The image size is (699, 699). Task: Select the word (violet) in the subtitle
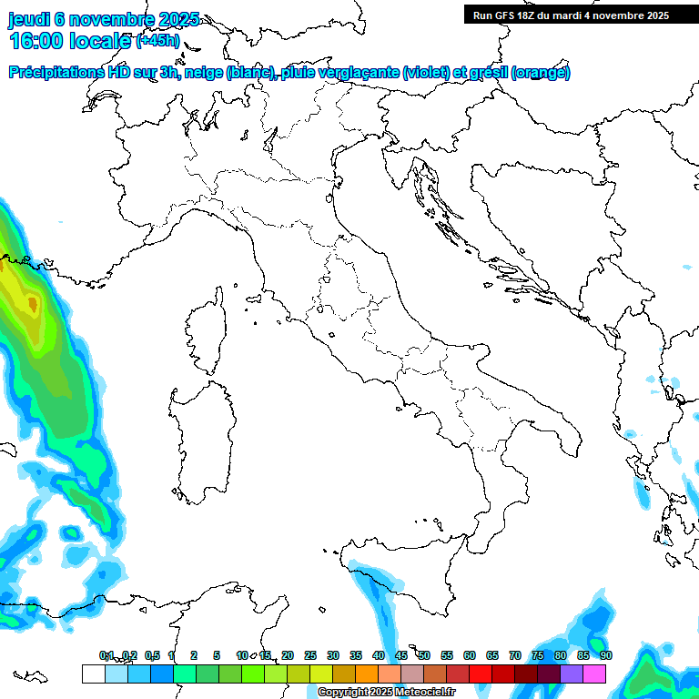tap(426, 73)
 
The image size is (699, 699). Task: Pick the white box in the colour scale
tap(93, 674)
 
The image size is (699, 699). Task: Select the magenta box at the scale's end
tap(594, 674)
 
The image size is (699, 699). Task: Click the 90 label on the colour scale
tap(606, 655)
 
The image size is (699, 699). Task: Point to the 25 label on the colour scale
tap(310, 655)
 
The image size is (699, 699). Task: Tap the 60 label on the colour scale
tap(470, 655)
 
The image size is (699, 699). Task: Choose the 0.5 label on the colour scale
tap(152, 655)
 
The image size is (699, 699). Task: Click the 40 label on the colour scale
tap(379, 655)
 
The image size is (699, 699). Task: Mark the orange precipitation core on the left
tap(32, 303)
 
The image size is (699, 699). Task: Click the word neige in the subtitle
tap(203, 73)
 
